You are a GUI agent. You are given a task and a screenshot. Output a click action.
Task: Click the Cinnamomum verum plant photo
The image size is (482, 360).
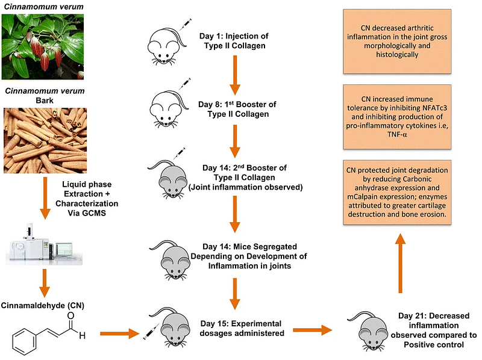46,46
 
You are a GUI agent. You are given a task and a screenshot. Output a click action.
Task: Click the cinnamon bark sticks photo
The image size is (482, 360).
46,140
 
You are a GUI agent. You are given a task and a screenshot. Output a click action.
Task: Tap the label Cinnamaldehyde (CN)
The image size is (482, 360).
42,305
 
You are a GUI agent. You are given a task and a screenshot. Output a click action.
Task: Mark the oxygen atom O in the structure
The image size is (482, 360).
71,315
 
